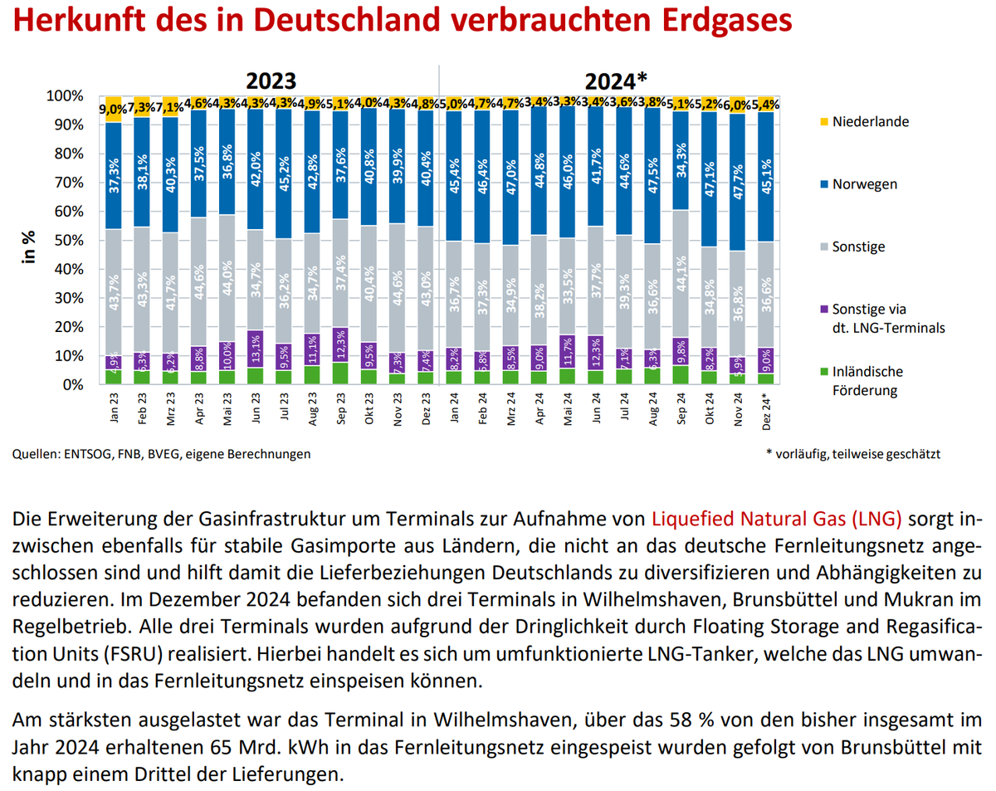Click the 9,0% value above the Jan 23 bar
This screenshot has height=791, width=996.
113,108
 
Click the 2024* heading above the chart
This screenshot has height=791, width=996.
615,81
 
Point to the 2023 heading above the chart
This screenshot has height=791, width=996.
270,81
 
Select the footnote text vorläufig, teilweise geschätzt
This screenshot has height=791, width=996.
860,454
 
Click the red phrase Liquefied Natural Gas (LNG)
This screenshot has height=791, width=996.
776,520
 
